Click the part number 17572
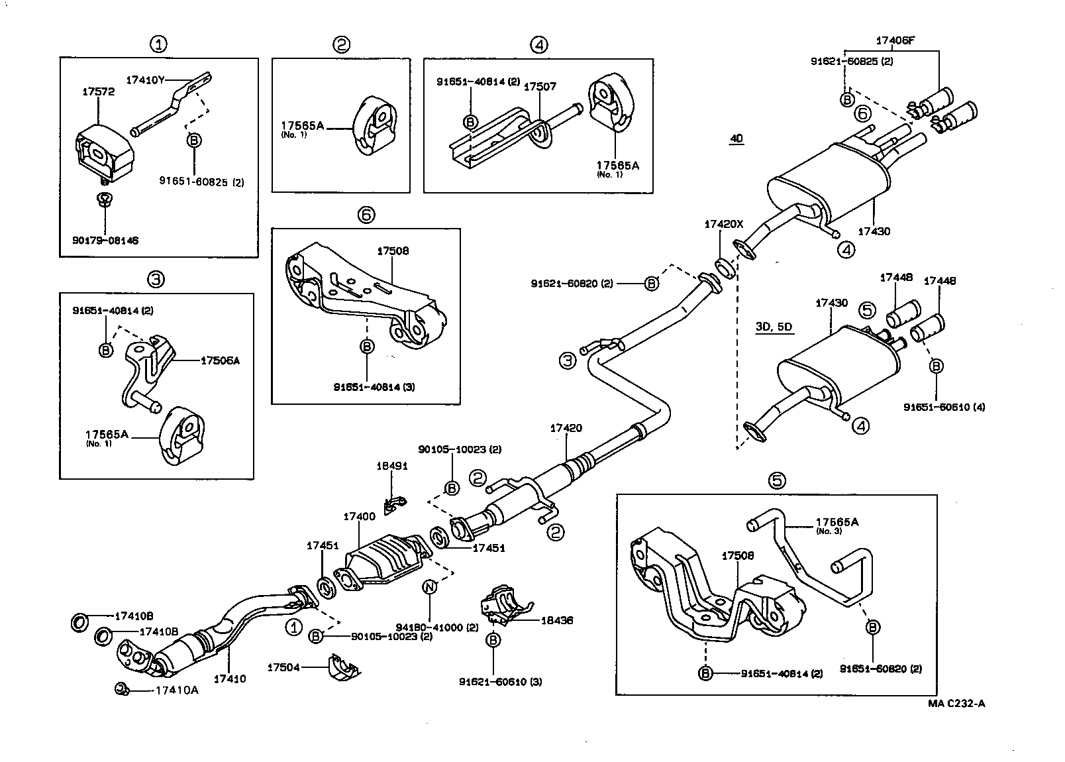[x=98, y=91]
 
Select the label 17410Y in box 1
[x=144, y=80]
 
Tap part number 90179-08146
[x=105, y=241]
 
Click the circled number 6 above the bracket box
[x=366, y=215]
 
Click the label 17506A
[x=221, y=360]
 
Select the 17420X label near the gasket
[x=723, y=225]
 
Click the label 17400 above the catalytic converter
[x=359, y=516]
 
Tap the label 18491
[x=392, y=466]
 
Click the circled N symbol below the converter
[x=430, y=586]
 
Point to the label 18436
[x=556, y=621]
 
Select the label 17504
[x=283, y=667]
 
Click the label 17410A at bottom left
[x=176, y=690]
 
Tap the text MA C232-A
[x=956, y=704]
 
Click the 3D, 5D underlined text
[x=774, y=327]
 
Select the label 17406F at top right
[x=895, y=40]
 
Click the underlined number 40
[x=736, y=139]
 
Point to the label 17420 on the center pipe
[x=566, y=428]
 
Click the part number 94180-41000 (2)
[x=436, y=626]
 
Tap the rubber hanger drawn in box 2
[x=374, y=128]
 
